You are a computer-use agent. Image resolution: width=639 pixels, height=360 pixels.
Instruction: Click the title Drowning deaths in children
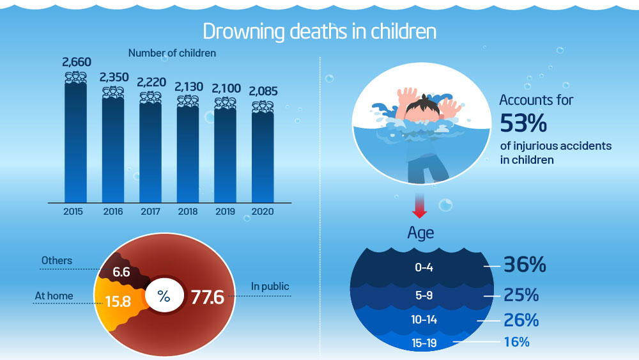(x=319, y=31)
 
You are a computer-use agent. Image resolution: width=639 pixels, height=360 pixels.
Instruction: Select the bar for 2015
(x=77, y=141)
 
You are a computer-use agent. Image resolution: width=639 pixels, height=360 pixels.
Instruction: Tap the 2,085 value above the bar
(x=263, y=91)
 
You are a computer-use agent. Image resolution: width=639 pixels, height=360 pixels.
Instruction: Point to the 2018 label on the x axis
(x=188, y=212)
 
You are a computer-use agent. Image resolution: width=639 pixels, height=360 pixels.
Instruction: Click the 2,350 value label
(x=114, y=77)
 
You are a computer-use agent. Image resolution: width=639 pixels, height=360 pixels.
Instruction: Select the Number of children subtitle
(x=172, y=54)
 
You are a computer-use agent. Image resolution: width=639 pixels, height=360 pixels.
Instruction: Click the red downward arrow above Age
(x=419, y=207)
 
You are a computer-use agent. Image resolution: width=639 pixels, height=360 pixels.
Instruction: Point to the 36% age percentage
(x=525, y=265)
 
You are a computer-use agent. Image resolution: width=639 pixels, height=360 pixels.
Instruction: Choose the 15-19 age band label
(x=424, y=343)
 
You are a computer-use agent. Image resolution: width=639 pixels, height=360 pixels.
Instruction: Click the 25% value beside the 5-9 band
(x=521, y=295)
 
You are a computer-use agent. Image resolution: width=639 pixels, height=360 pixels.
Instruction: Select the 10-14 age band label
(x=424, y=319)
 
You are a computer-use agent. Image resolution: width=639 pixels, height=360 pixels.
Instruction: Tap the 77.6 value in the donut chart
(x=207, y=297)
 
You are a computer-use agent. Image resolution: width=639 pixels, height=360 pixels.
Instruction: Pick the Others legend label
(x=57, y=260)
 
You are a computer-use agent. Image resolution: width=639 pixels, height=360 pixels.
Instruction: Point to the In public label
(x=270, y=286)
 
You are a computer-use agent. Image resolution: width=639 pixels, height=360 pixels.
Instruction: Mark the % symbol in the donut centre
(x=164, y=296)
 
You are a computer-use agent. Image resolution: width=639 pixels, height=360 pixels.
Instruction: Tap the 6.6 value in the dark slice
(x=121, y=272)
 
